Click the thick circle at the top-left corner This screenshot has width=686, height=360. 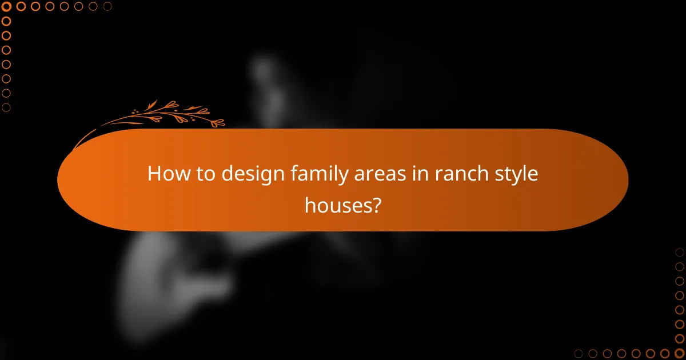[7, 7]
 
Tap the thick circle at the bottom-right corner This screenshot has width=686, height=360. [679, 353]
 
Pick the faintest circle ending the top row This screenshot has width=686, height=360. [107, 7]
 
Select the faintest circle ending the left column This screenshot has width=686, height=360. [7, 107]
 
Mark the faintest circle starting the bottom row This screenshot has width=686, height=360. [579, 353]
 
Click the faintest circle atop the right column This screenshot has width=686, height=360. [679, 253]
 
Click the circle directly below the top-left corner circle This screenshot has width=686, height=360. [7, 21]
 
